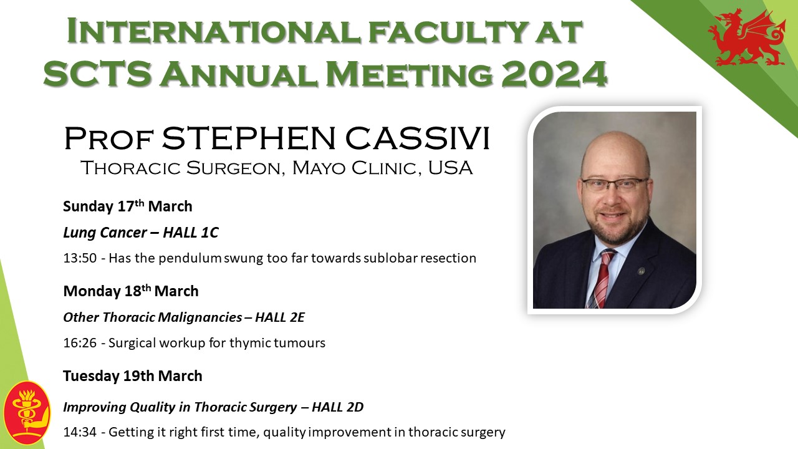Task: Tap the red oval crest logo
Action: click(x=27, y=413)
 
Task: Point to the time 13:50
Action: click(x=80, y=258)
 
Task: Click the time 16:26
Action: click(x=80, y=343)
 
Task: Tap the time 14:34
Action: click(x=80, y=432)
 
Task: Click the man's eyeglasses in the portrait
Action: click(x=614, y=184)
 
